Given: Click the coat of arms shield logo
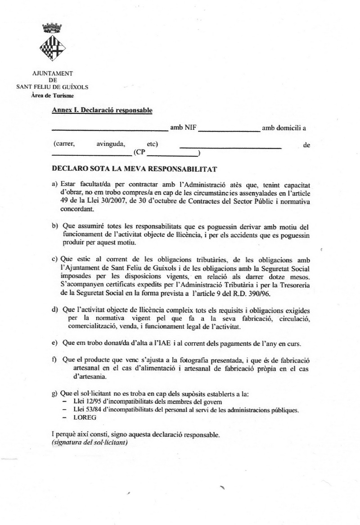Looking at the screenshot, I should coord(53,48).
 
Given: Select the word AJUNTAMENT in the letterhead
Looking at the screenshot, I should coord(53,73).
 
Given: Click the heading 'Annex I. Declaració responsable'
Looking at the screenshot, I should coord(102,110).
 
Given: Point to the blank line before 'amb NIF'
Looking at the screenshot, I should coord(110,130).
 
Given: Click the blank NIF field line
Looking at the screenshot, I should coord(229,130).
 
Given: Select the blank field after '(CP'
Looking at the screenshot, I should coord(173,155).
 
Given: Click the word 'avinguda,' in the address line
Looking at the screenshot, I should coord(110,145).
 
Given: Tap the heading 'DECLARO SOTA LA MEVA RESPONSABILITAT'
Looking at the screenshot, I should coord(135,169).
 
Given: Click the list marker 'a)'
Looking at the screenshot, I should coord(55,185).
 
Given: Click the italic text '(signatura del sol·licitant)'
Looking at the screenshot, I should coord(90,443).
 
